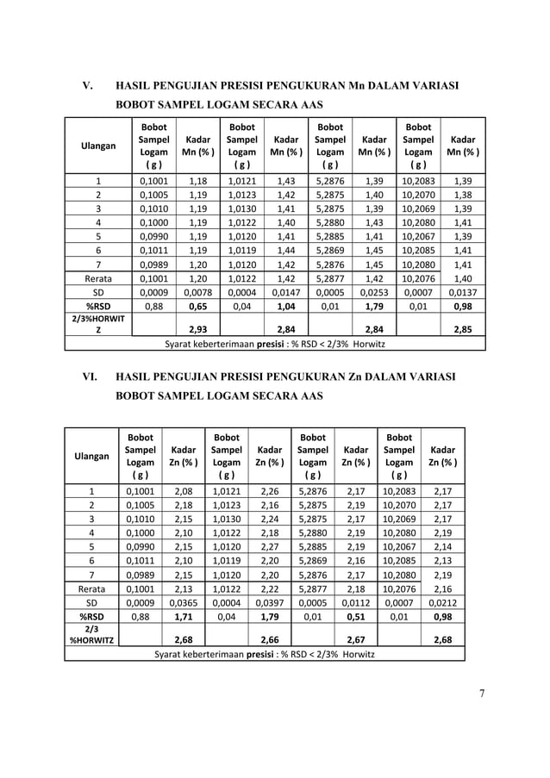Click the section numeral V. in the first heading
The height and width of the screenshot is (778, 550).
pyautogui.click(x=87, y=85)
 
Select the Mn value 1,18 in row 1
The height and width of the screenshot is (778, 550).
pyautogui.click(x=197, y=182)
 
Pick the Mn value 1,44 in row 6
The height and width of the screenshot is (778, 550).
pyautogui.click(x=285, y=249)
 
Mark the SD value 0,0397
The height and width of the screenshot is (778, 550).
pyautogui.click(x=270, y=602)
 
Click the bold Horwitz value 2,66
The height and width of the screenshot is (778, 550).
pyautogui.click(x=270, y=638)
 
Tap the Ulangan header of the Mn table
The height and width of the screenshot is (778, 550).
pyautogui.click(x=98, y=146)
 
